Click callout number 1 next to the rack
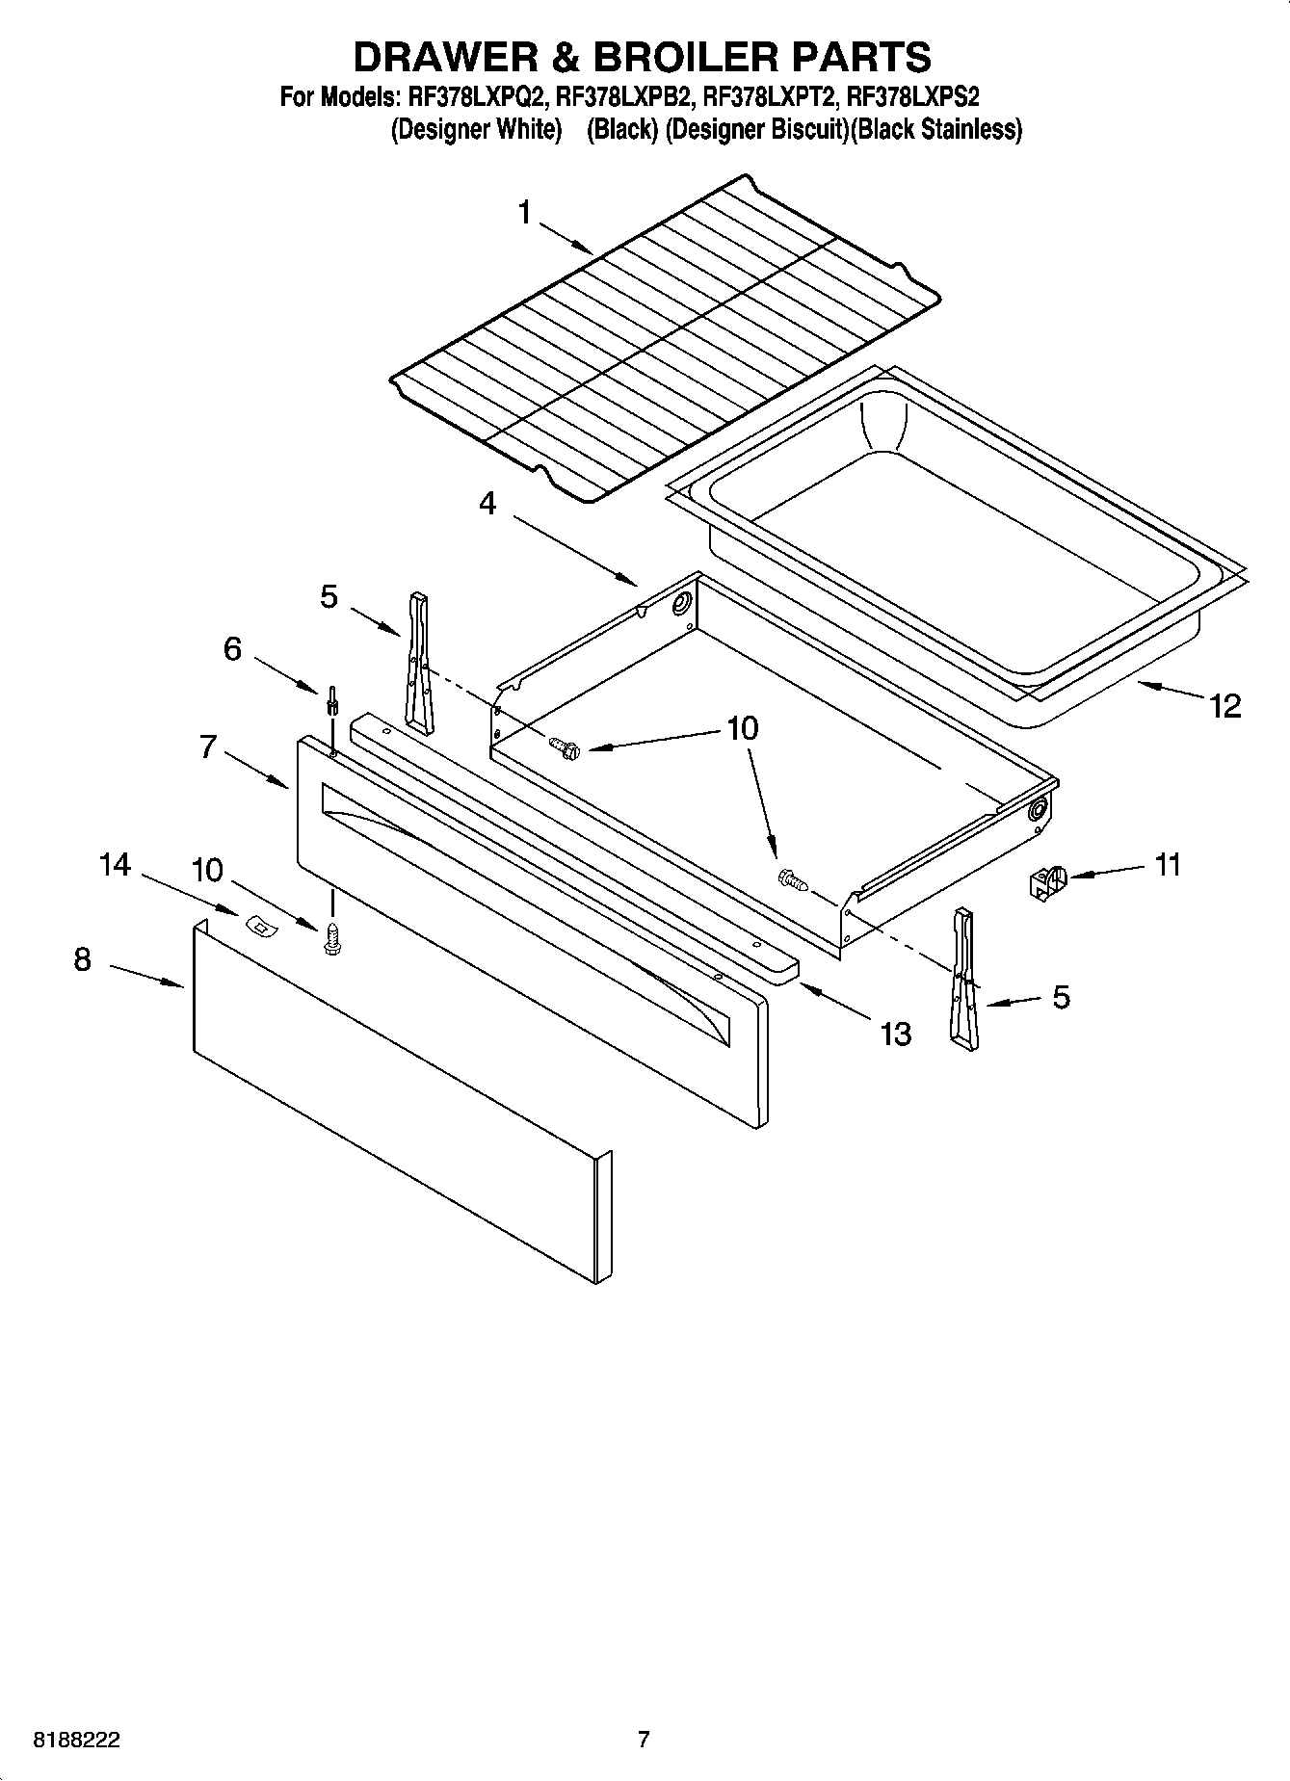[524, 212]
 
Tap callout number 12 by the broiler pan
[1225, 706]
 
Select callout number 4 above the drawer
[487, 503]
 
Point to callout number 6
[232, 649]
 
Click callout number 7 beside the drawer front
[208, 746]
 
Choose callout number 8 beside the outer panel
[83, 959]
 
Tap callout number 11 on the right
[1167, 865]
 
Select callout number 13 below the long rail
[895, 1034]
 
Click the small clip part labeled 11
[1045, 881]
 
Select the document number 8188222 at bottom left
[77, 1740]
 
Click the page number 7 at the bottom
[644, 1739]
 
